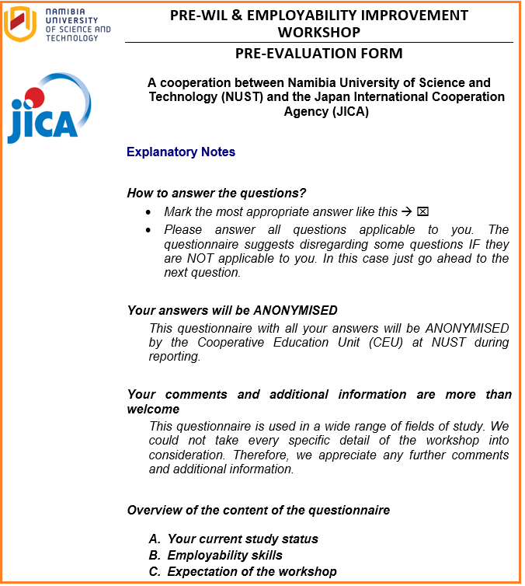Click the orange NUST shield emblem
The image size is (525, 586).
[21, 23]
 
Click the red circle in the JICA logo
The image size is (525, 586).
[33, 97]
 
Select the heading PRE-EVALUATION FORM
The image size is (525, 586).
[318, 54]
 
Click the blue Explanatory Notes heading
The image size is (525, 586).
[181, 152]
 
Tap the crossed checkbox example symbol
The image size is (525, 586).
[423, 211]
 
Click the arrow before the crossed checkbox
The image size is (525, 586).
[407, 211]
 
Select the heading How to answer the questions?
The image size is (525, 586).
[217, 193]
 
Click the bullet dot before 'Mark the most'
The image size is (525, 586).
[149, 212]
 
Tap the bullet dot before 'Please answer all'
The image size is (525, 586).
[149, 230]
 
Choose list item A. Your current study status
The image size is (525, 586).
[233, 539]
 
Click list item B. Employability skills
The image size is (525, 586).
[215, 555]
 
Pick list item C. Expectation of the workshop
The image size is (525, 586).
[242, 571]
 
